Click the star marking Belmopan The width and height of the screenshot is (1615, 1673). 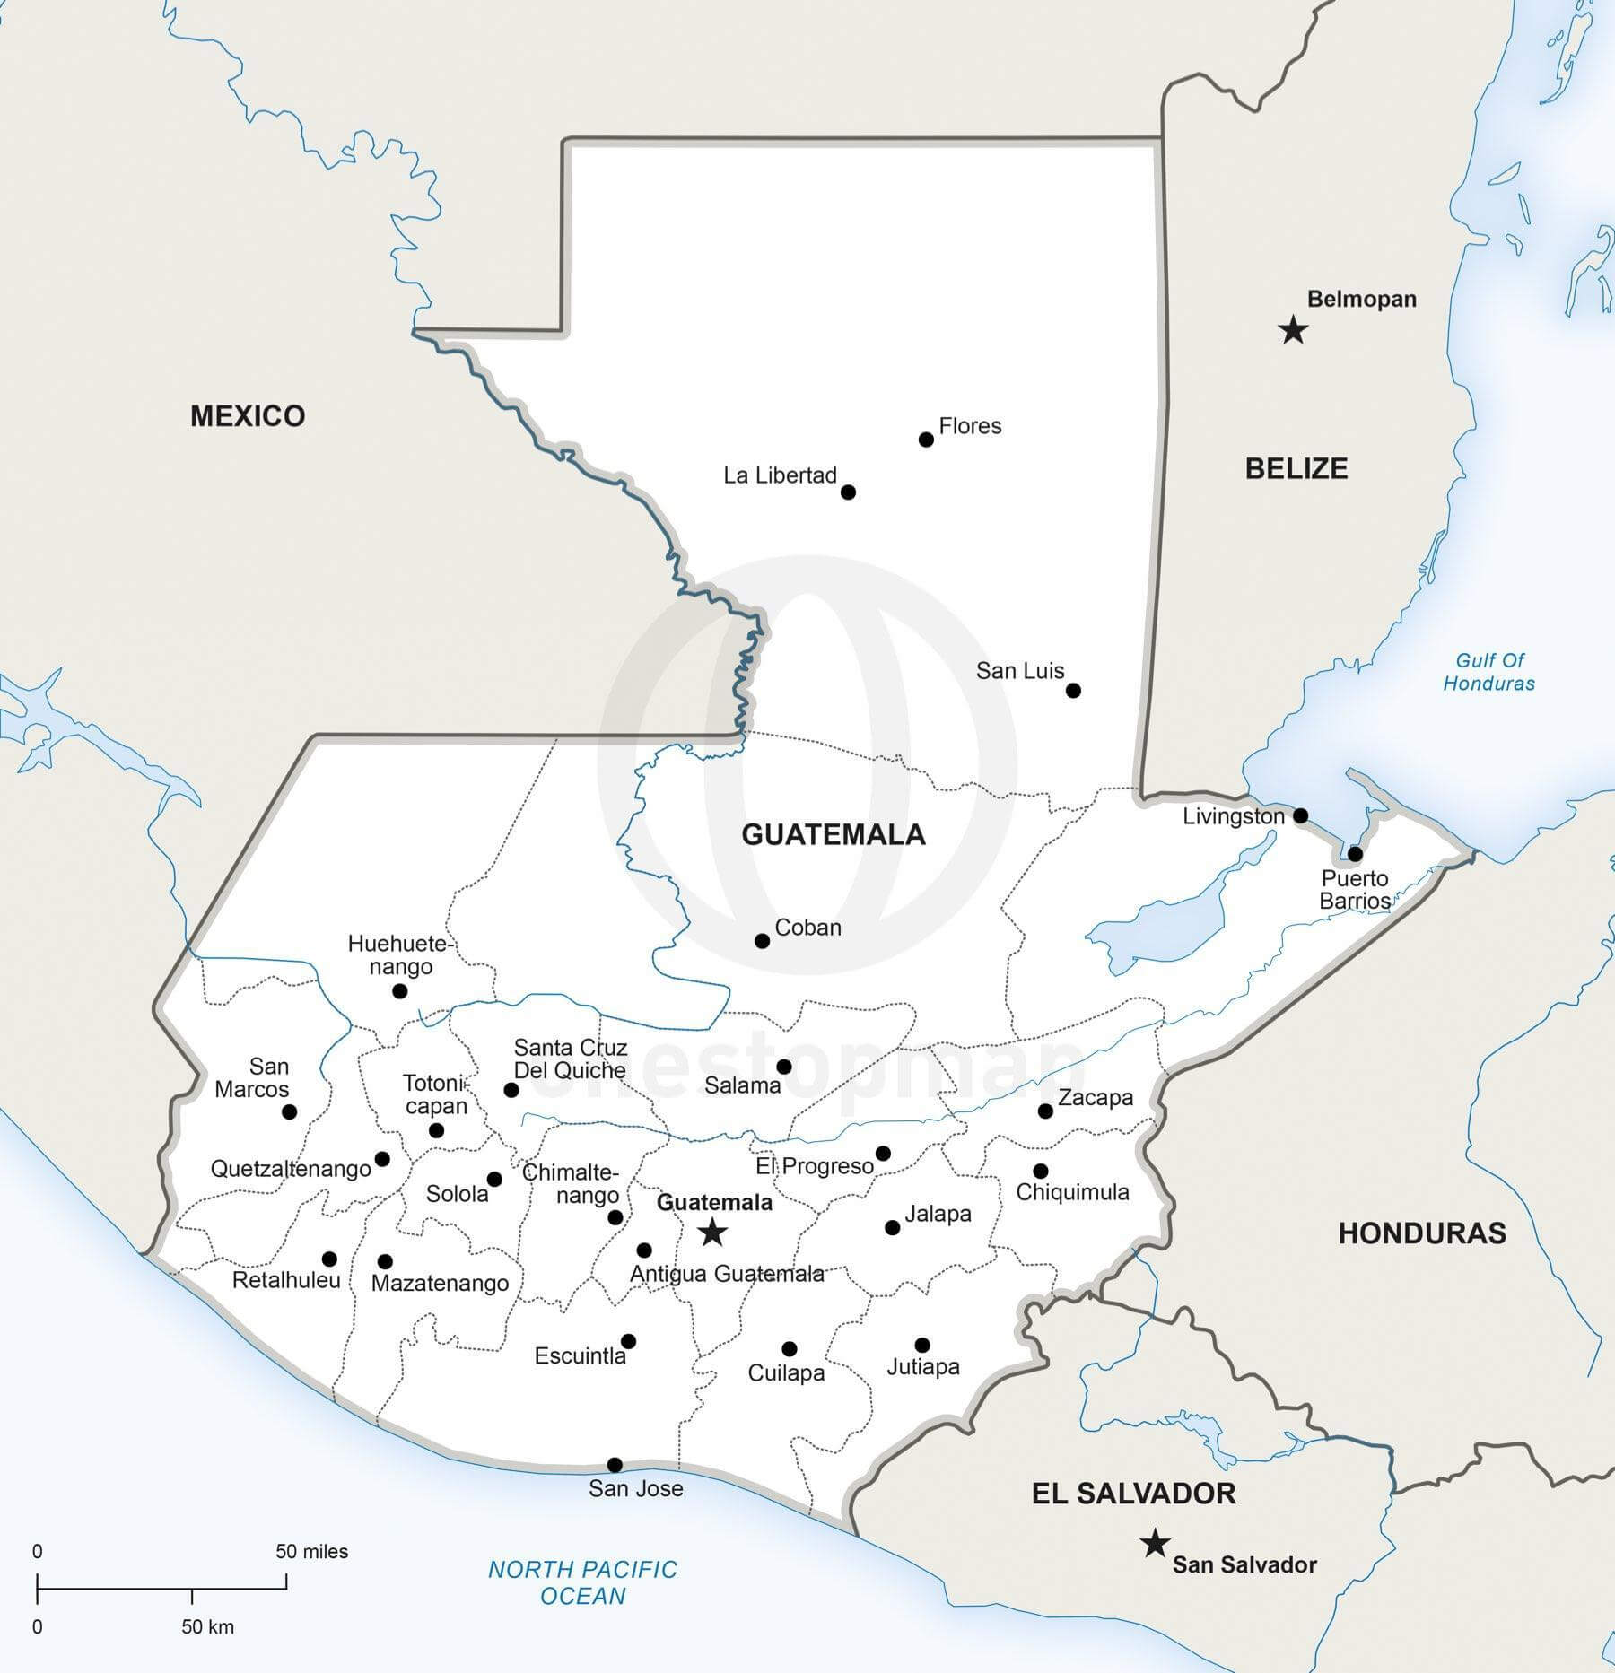click(1292, 330)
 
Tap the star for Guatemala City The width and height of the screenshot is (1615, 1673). click(712, 1232)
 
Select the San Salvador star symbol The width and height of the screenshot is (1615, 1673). click(1155, 1544)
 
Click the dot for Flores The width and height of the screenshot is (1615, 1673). click(926, 440)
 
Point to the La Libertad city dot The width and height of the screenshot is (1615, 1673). click(848, 492)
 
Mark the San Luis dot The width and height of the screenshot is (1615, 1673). click(1073, 690)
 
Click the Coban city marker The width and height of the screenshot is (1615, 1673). click(762, 941)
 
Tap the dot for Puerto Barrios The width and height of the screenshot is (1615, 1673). click(1355, 853)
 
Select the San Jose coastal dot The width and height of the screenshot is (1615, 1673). click(615, 1465)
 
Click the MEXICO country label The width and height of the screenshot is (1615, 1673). click(248, 415)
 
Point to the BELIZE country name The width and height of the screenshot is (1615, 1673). click(1296, 468)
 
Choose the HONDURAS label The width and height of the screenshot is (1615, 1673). click(1422, 1233)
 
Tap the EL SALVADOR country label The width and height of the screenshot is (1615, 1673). click(1133, 1494)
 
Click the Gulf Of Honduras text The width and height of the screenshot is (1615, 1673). click(1489, 672)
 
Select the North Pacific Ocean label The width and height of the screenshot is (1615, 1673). click(582, 1582)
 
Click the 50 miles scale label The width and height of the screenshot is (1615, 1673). click(311, 1552)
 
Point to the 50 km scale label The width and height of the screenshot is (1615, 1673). click(207, 1626)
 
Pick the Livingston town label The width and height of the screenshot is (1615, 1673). click(1233, 816)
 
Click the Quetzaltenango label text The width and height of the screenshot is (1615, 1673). click(291, 1169)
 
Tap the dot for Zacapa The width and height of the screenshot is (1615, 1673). click(1045, 1111)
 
